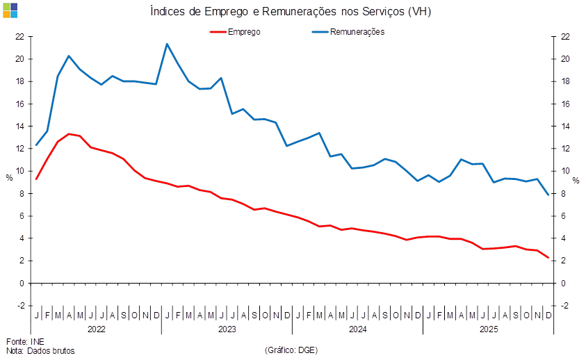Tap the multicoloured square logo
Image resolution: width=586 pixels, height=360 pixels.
tap(10, 10)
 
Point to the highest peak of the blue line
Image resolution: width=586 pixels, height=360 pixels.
tap(167, 44)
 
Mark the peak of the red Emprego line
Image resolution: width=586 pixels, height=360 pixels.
tap(69, 133)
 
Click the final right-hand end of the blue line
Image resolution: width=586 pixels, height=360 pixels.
tap(548, 195)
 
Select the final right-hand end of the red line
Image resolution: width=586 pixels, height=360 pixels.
tap(548, 258)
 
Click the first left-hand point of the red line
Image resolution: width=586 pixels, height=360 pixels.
tap(36, 179)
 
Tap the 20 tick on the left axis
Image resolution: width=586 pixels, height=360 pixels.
tap(20, 59)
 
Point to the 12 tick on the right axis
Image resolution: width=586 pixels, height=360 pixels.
tap(566, 149)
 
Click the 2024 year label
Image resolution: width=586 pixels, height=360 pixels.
tap(357, 328)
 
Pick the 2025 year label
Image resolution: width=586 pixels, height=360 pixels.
tap(487, 328)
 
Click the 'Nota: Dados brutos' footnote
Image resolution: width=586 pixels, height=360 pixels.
tap(40, 351)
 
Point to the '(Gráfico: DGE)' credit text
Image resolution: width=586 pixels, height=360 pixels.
tap(291, 350)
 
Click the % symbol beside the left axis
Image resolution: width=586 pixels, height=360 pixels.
tap(9, 178)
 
